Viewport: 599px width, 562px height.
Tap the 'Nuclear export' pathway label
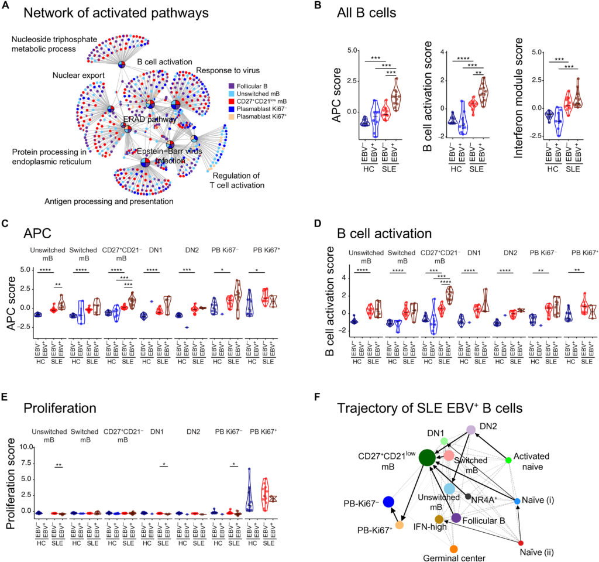coord(78,76)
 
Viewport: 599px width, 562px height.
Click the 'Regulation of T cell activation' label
coord(238,180)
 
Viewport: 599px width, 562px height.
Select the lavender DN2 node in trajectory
coord(470,430)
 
